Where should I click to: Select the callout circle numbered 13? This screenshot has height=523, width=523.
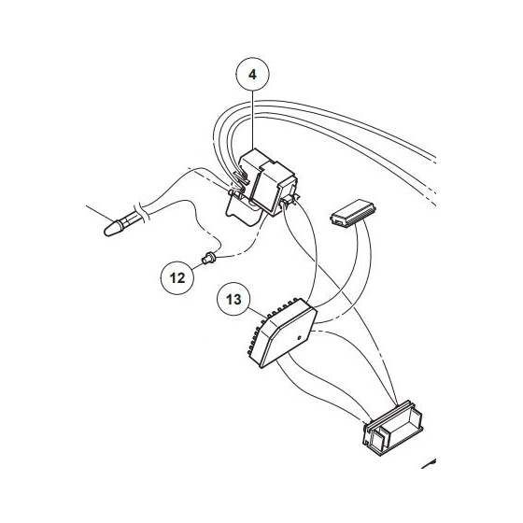(x=234, y=301)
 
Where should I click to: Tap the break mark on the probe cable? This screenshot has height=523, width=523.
(x=140, y=210)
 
